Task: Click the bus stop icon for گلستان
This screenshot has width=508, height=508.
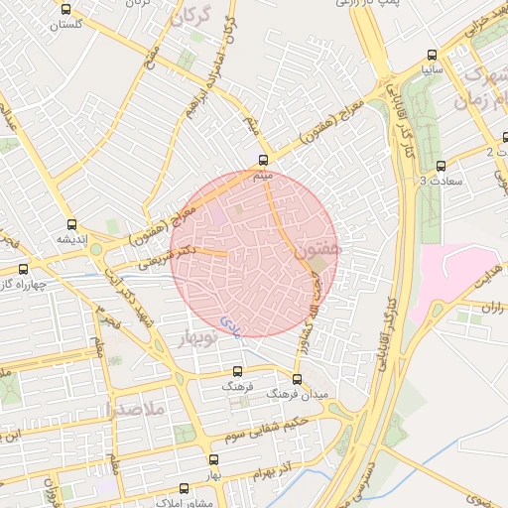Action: [x=65, y=10]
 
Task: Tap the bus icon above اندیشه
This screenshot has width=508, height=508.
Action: [x=70, y=225]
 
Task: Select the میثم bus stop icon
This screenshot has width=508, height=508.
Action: [x=263, y=161]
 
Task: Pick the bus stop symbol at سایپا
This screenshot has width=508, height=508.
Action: [x=430, y=56]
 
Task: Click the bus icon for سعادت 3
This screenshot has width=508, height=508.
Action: [x=441, y=166]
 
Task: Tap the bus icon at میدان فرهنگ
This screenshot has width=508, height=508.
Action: [x=297, y=379]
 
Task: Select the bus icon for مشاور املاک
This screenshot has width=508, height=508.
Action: [x=183, y=488]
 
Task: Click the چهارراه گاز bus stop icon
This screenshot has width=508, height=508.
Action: [x=22, y=269]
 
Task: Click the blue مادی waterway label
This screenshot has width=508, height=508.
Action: [x=229, y=323]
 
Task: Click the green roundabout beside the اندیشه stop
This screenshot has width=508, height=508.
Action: [x=95, y=250]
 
